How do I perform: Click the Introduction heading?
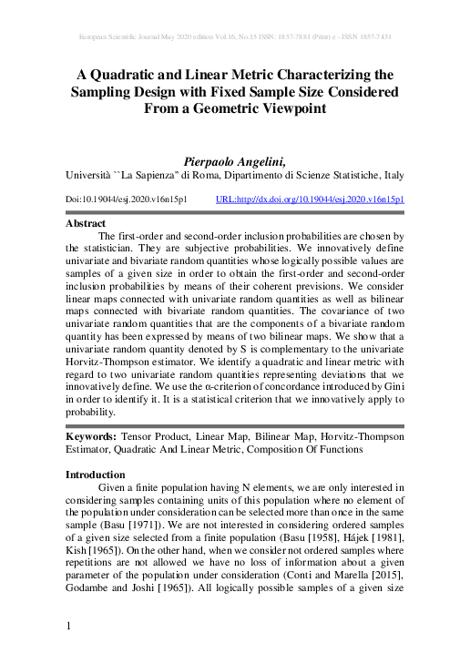click(96, 475)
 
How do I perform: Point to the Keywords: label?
click(91, 436)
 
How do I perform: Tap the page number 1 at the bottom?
click(69, 626)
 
